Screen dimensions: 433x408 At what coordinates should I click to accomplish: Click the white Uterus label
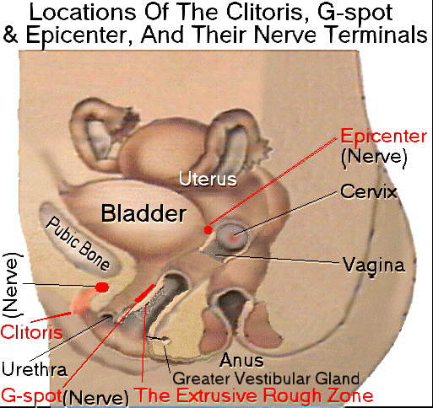(208, 179)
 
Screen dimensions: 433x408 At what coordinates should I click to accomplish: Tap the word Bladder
(143, 213)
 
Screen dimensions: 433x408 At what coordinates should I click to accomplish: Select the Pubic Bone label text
(78, 244)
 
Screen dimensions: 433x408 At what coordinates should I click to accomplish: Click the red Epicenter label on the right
(383, 137)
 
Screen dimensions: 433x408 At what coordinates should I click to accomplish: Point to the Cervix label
(369, 191)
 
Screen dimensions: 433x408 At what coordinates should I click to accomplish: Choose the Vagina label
(374, 266)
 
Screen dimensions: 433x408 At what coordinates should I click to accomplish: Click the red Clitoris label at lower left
(31, 332)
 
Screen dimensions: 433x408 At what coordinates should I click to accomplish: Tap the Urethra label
(35, 369)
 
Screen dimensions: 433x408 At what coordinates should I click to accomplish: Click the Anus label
(241, 360)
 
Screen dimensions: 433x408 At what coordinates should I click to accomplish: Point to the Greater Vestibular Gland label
(266, 378)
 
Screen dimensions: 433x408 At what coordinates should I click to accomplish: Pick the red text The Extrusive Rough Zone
(255, 395)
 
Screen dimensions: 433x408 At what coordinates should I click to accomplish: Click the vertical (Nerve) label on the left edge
(13, 285)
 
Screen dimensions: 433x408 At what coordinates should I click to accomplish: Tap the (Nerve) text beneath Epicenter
(374, 157)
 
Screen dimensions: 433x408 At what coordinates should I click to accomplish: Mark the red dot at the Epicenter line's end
(208, 230)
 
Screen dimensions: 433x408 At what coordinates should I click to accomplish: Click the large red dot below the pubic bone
(102, 287)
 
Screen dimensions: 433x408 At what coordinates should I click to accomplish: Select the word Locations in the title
(83, 13)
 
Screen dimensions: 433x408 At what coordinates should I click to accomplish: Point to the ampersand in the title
(10, 35)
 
